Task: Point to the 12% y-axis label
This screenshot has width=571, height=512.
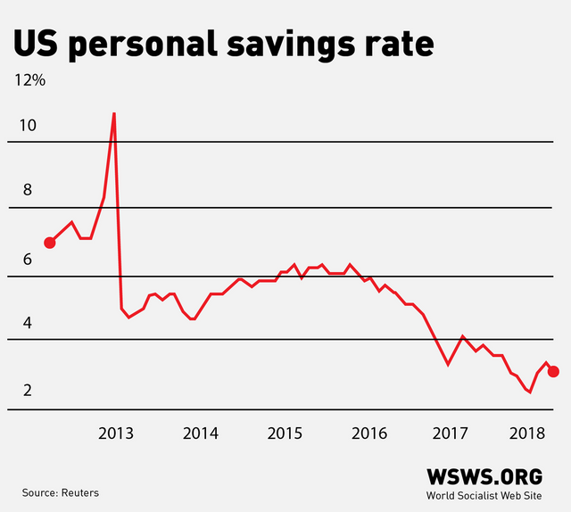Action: (x=29, y=79)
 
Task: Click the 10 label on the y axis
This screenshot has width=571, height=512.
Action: (x=28, y=125)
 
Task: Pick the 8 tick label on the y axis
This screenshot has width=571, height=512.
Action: (x=28, y=190)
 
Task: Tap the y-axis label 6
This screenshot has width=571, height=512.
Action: (x=28, y=260)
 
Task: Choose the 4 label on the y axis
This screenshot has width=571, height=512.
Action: (x=28, y=322)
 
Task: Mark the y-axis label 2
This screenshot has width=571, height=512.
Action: (x=28, y=391)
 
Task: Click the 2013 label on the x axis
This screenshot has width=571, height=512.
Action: (x=116, y=434)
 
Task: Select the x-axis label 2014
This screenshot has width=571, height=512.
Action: (x=201, y=434)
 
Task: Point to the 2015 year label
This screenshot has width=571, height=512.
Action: (x=285, y=434)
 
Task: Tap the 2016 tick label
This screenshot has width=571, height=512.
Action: (x=369, y=434)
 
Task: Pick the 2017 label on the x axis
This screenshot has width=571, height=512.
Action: (x=451, y=434)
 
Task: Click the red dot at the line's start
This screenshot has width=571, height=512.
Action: (x=50, y=242)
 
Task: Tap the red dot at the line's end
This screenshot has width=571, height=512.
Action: (x=553, y=371)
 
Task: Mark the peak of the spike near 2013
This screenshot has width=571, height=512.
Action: (x=113, y=113)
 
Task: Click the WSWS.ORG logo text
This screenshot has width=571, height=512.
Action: (x=484, y=476)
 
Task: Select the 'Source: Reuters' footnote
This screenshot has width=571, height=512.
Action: (x=61, y=492)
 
